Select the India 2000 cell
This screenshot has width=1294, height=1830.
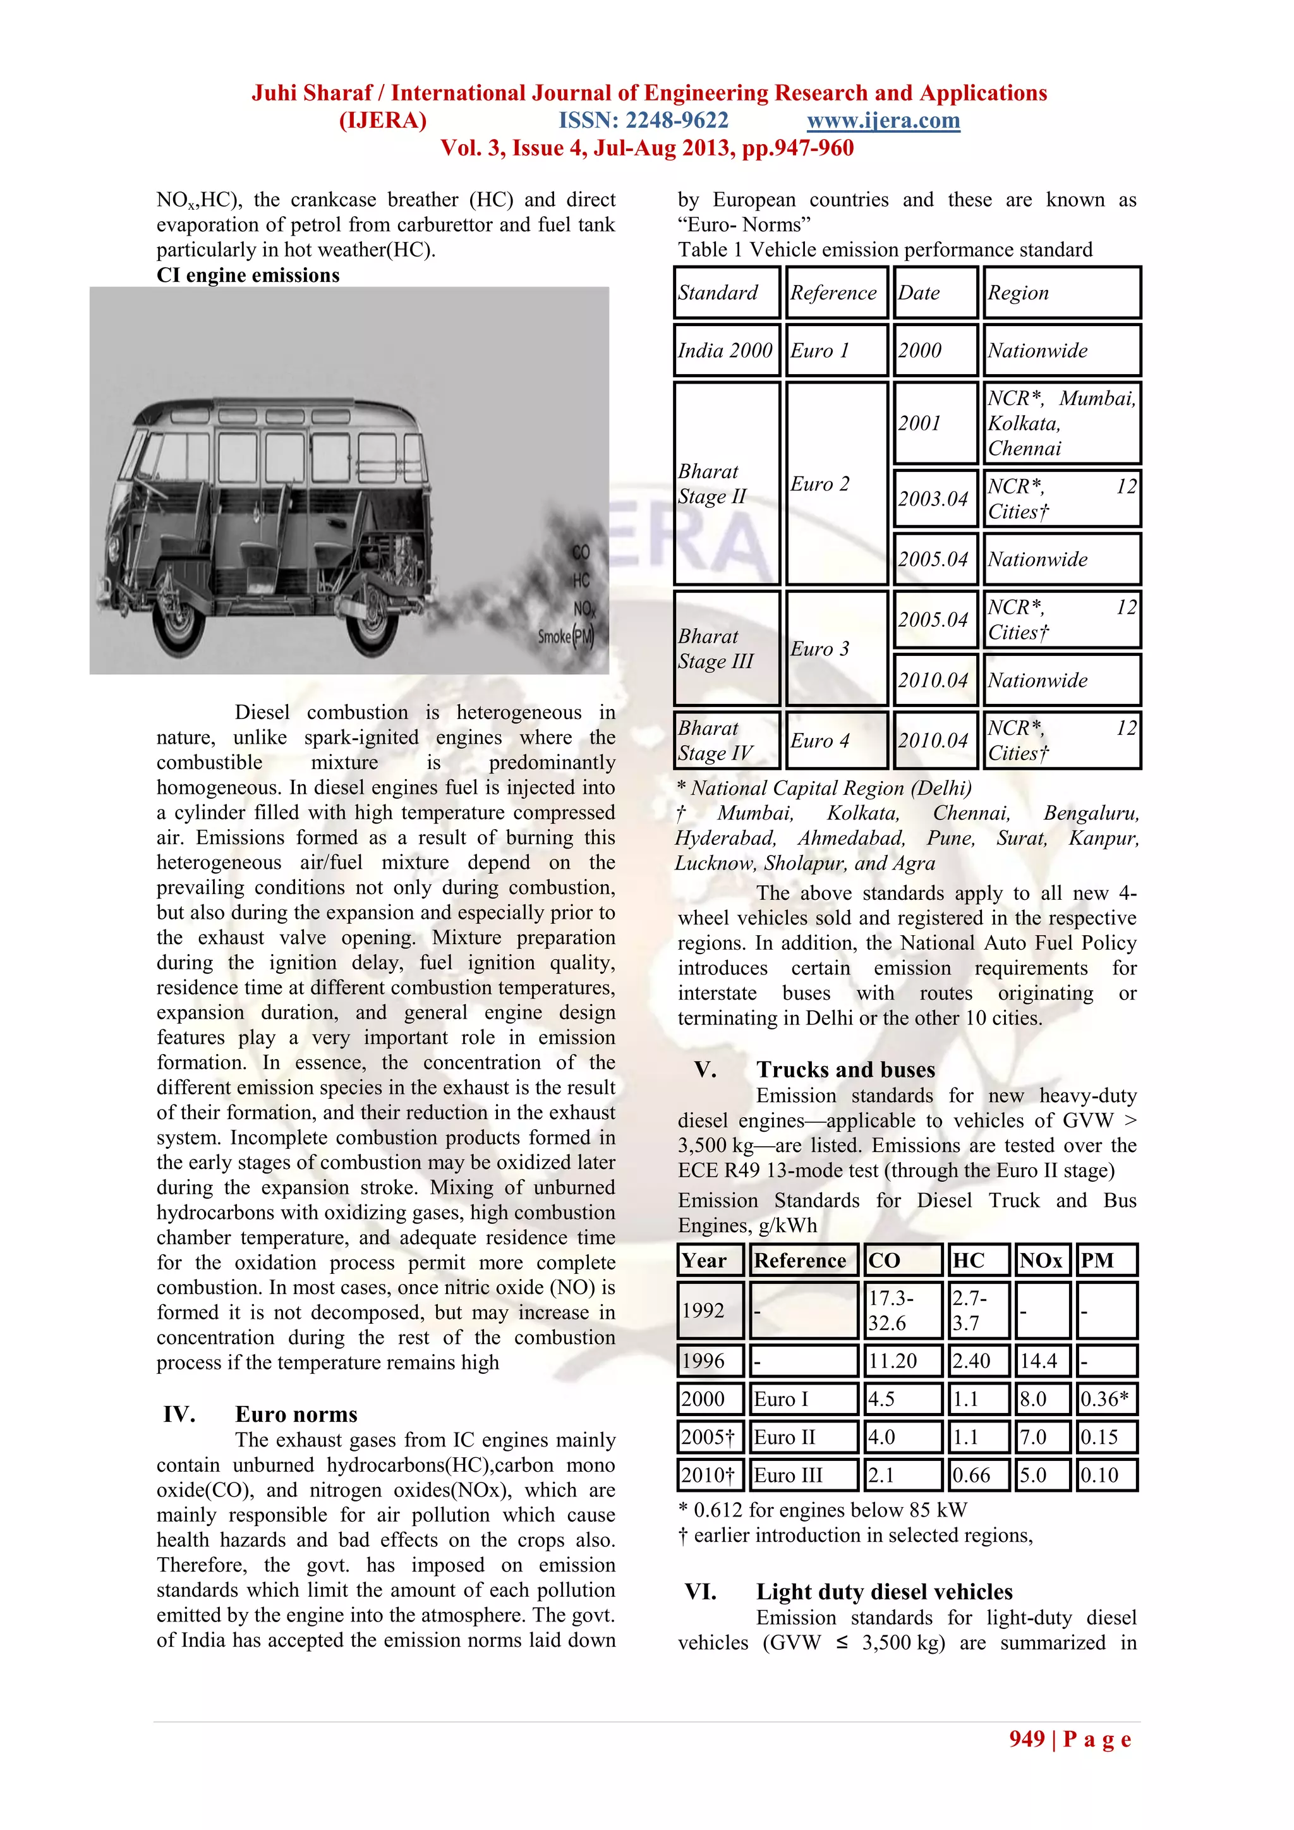(x=726, y=350)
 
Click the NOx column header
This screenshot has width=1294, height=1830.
(x=1041, y=1260)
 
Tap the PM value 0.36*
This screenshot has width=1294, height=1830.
(x=1105, y=1399)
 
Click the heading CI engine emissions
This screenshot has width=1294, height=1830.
(x=248, y=275)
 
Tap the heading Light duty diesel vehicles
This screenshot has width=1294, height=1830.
(x=884, y=1592)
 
